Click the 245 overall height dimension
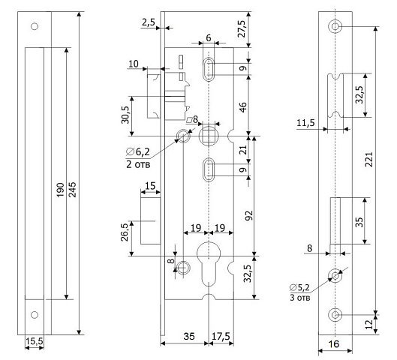tap(72, 189)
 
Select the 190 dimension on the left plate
tap(60, 190)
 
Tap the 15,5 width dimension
tap(35, 341)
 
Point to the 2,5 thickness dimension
tap(149, 22)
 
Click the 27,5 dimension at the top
tap(242, 28)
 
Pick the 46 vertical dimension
tap(243, 107)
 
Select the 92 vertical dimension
tap(249, 215)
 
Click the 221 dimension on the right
tap(369, 159)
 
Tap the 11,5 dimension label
tap(305, 123)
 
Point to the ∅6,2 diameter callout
tap(138, 151)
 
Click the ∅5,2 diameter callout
tap(300, 287)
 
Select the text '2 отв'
tap(138, 164)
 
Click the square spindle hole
tap(209, 136)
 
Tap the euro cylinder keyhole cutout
tap(209, 264)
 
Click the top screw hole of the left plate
tap(35, 26)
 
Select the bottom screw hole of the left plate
tap(35, 315)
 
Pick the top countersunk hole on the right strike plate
tap(335, 26)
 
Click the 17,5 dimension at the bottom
tap(221, 337)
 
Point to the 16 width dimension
tap(334, 344)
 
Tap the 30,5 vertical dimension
tap(125, 115)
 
